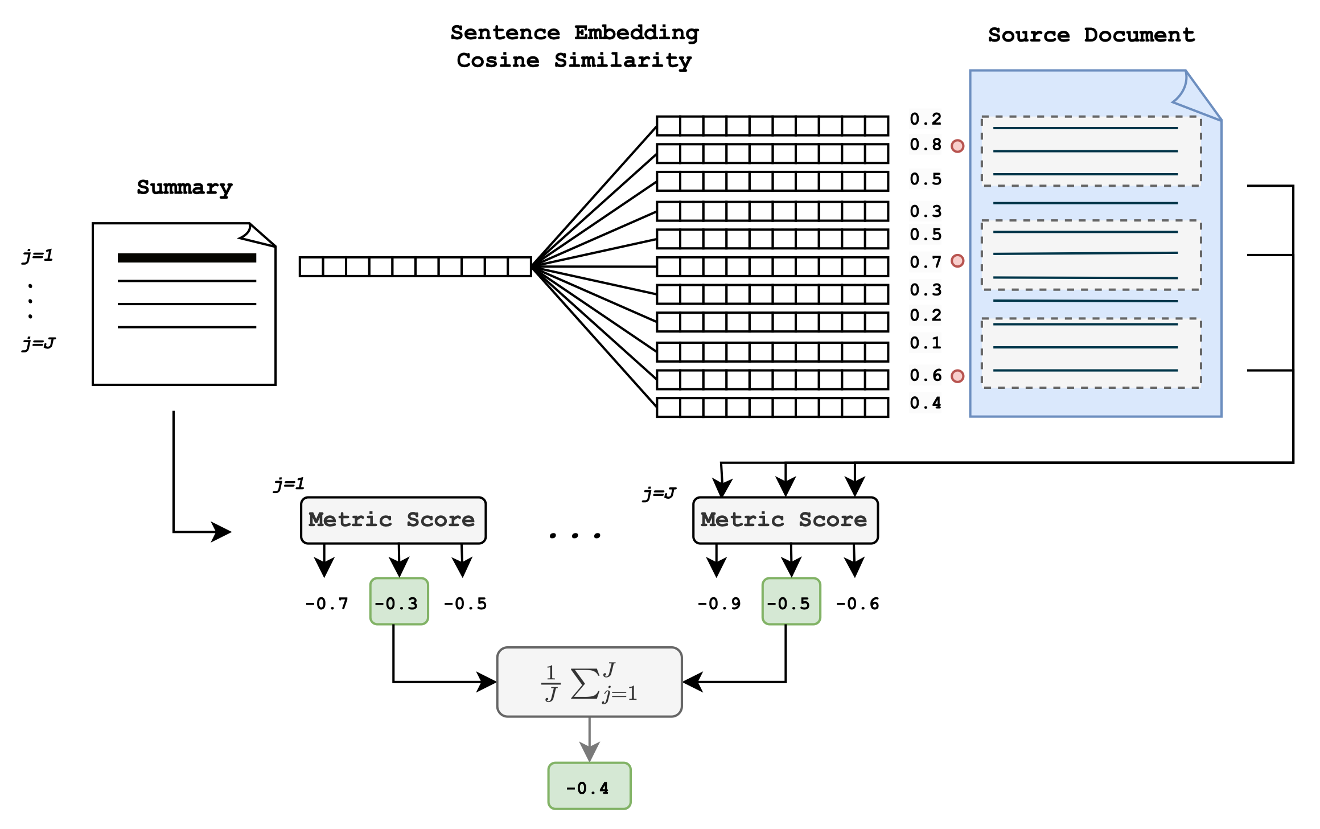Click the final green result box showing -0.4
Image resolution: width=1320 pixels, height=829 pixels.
pyautogui.click(x=589, y=786)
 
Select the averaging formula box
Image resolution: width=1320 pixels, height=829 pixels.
pyautogui.click(x=589, y=682)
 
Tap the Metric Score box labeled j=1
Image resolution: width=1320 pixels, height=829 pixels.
pyautogui.click(x=393, y=520)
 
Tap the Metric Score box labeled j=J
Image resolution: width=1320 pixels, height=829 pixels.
pyautogui.click(x=785, y=520)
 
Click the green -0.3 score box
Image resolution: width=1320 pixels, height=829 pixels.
pyautogui.click(x=398, y=601)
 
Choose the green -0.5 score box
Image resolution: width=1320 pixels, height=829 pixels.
pyautogui.click(x=791, y=601)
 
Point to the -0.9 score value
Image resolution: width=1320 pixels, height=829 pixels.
pyautogui.click(x=719, y=604)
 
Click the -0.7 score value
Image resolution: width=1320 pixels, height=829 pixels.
pyautogui.click(x=327, y=604)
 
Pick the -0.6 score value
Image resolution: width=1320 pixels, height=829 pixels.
pyautogui.click(x=857, y=604)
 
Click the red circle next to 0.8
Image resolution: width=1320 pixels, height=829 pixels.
pyautogui.click(x=958, y=146)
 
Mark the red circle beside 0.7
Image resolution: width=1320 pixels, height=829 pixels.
pyautogui.click(x=958, y=261)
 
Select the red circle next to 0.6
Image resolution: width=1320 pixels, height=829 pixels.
pyautogui.click(x=958, y=376)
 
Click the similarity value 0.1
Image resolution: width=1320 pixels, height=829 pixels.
pyautogui.click(x=926, y=343)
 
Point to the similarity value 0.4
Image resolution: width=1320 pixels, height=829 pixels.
pyautogui.click(x=926, y=403)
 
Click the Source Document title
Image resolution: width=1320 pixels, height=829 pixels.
pyautogui.click(x=1091, y=35)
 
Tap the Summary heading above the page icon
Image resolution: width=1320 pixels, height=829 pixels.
pyautogui.click(x=184, y=188)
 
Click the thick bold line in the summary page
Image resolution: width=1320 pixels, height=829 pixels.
pyautogui.click(x=187, y=258)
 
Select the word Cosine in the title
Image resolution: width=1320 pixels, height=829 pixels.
pyautogui.click(x=498, y=60)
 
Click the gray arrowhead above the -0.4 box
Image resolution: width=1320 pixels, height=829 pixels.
pyautogui.click(x=589, y=752)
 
